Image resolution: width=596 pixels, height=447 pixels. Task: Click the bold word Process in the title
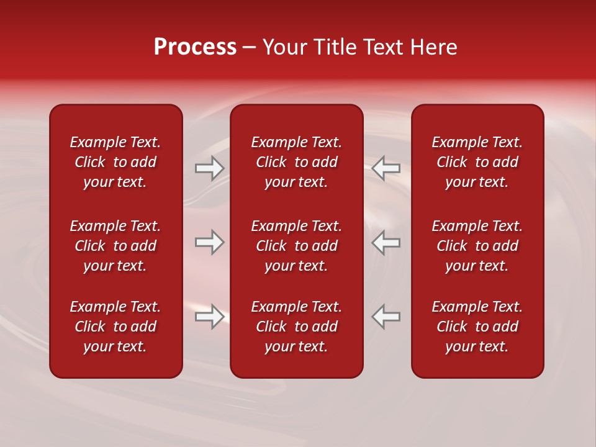[195, 47]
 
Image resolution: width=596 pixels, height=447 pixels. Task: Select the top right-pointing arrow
[210, 168]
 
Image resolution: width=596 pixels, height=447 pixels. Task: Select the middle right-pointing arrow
[210, 242]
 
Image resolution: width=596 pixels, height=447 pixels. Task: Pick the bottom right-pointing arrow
[210, 317]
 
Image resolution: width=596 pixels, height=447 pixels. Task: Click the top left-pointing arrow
[386, 168]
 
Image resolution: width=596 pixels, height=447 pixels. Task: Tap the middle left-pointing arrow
[386, 242]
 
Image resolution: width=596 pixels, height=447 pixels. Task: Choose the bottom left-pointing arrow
[386, 317]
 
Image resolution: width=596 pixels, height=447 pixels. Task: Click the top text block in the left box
[115, 162]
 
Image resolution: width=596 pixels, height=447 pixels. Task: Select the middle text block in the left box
[115, 246]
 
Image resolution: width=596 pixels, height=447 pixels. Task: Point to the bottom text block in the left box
[115, 327]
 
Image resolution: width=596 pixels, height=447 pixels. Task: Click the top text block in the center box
[297, 162]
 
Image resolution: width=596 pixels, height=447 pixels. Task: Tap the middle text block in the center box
[297, 246]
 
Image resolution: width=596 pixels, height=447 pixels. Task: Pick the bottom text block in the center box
[297, 327]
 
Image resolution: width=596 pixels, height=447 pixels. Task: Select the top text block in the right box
[477, 162]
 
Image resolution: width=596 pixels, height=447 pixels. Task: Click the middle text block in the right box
[477, 246]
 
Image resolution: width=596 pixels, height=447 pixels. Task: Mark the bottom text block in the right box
[477, 327]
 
